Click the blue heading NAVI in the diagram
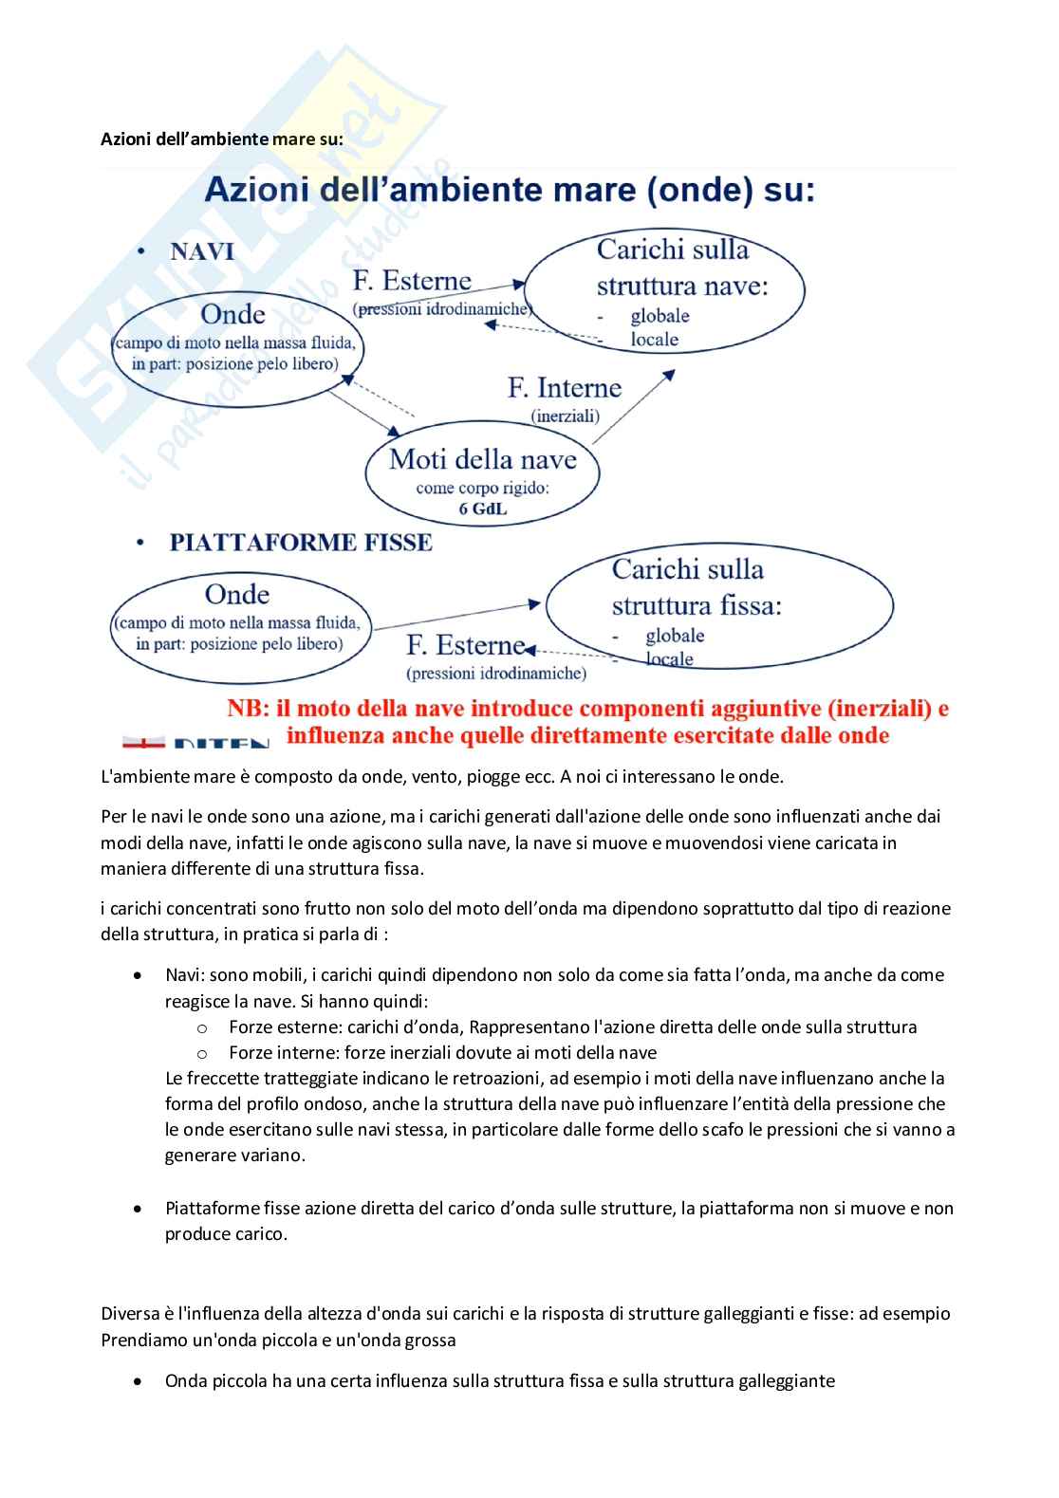tap(201, 251)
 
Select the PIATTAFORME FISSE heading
tap(300, 543)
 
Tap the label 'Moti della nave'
tap(482, 460)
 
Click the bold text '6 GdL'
tap(483, 509)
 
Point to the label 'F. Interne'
tap(564, 388)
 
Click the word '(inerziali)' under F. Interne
tap(565, 416)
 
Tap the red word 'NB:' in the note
tap(249, 709)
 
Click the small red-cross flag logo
tap(143, 742)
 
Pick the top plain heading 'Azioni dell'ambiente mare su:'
tap(222, 139)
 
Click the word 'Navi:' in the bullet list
tap(185, 974)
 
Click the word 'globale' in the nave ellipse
tap(660, 316)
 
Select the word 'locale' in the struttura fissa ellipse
tap(669, 658)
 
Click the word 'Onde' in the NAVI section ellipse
tap(233, 314)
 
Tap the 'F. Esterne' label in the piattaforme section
tap(465, 646)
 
